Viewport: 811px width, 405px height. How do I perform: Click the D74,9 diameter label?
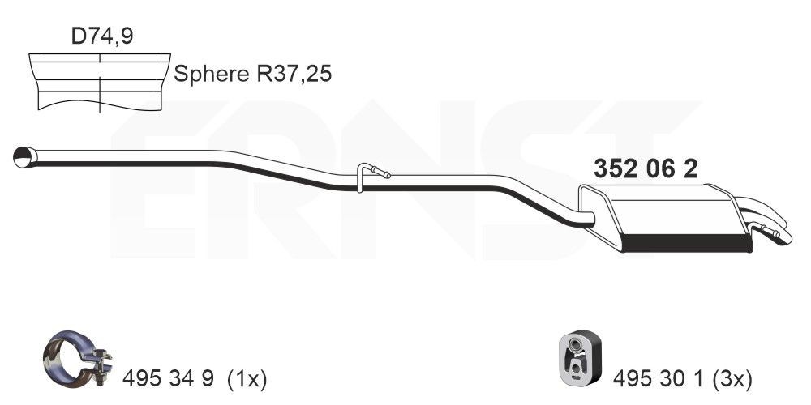point(102,36)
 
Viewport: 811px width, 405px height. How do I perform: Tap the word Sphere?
point(212,75)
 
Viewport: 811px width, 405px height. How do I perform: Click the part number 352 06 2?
point(645,169)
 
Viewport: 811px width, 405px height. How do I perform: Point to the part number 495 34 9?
point(168,380)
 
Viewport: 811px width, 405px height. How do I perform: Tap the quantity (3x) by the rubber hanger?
point(732,380)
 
